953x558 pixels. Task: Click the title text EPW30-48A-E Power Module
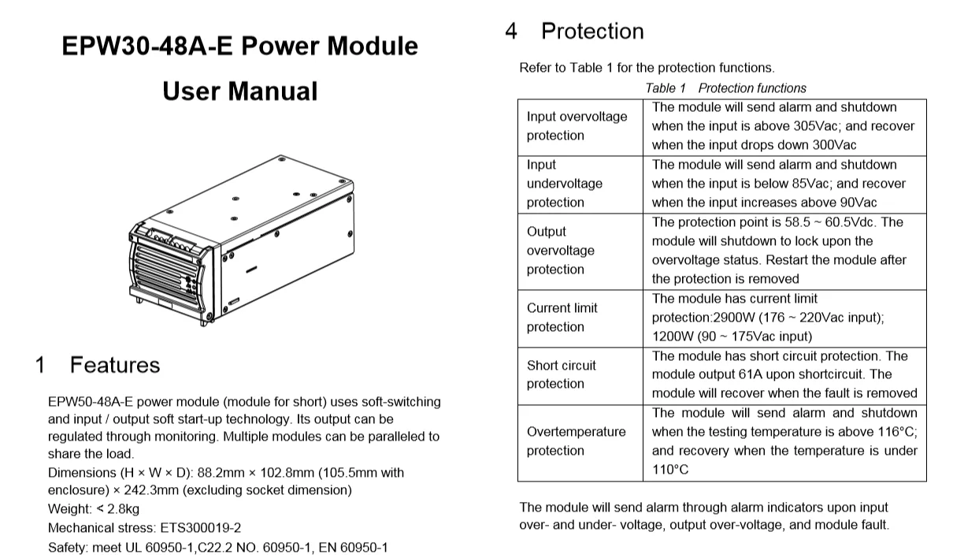pos(239,46)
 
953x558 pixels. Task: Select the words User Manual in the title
pos(239,91)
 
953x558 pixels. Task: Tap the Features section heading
pos(114,365)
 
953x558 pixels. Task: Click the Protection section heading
pos(591,32)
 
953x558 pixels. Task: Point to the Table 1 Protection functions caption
pos(725,88)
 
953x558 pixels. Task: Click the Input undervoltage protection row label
pos(564,184)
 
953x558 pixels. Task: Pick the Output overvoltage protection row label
pos(560,251)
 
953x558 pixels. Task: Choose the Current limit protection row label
pos(562,318)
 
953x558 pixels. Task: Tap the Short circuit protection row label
pos(561,374)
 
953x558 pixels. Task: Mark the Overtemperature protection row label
pos(576,441)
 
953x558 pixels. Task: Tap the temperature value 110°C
pos(670,470)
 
